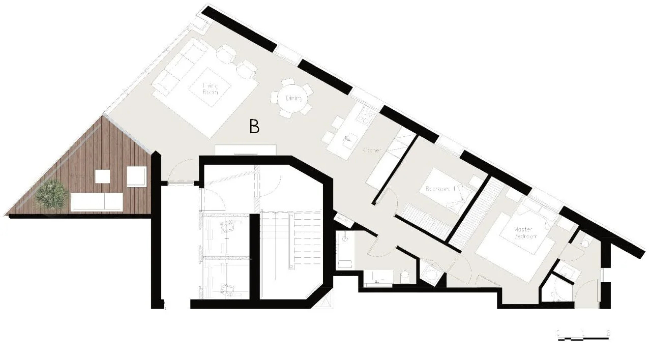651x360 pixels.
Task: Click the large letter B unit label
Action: coord(254,127)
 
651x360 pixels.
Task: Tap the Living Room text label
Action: coord(210,89)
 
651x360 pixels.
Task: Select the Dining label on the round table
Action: coord(294,98)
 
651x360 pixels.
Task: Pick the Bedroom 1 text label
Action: coord(440,189)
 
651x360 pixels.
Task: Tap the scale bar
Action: coord(583,335)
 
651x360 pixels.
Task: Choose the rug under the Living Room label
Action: coord(210,87)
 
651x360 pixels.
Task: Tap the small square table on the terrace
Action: coord(102,176)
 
